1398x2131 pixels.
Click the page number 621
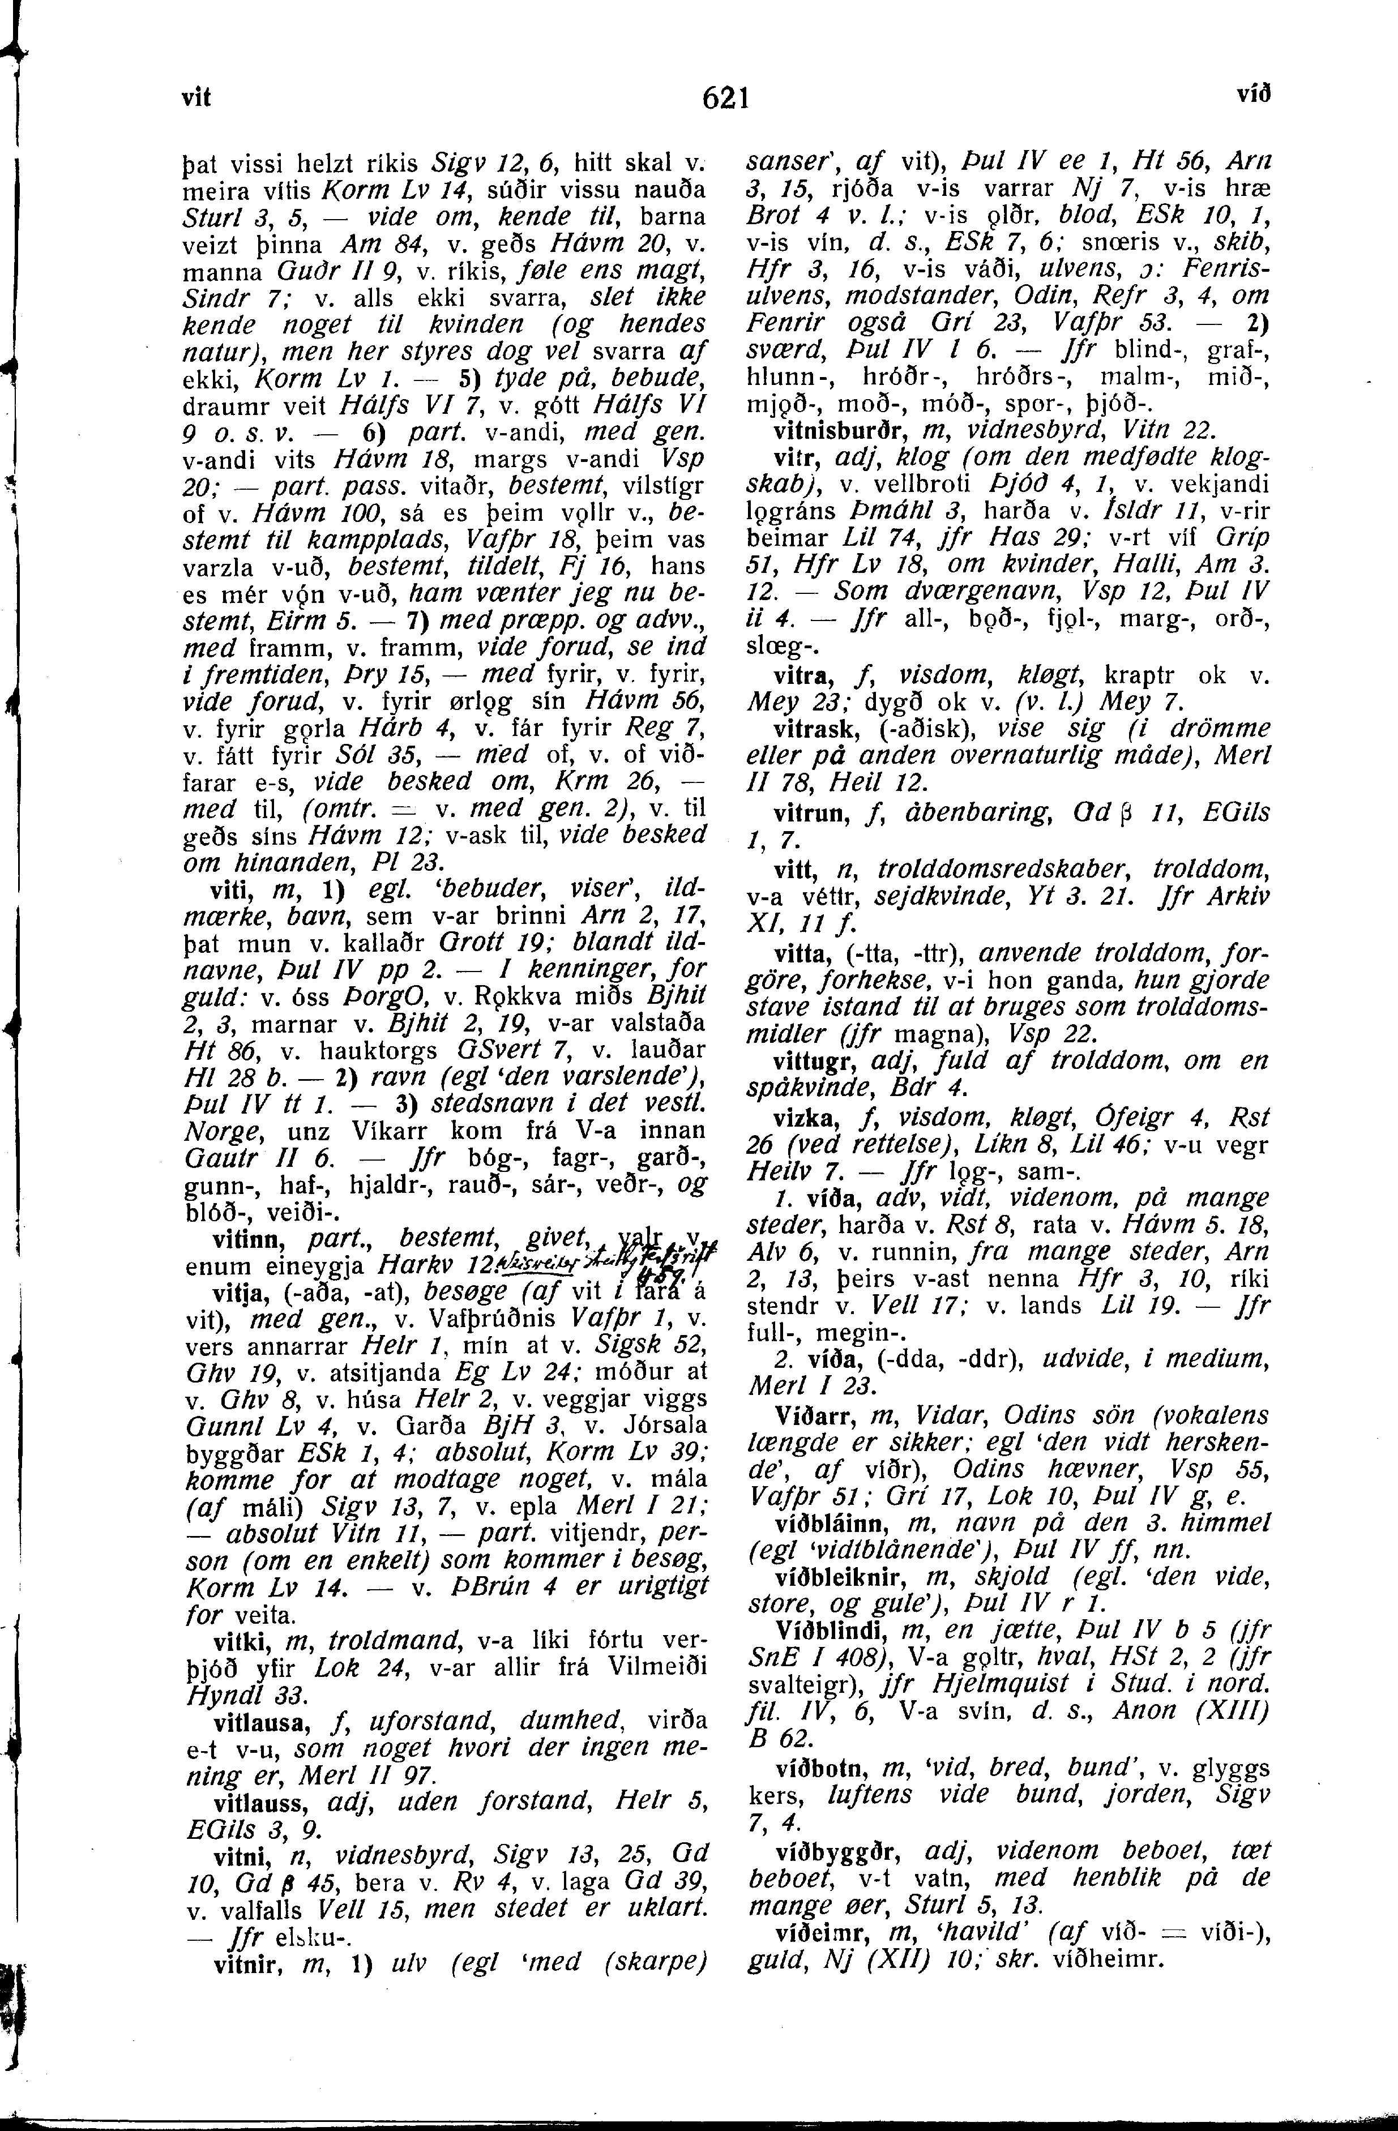coord(725,97)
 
